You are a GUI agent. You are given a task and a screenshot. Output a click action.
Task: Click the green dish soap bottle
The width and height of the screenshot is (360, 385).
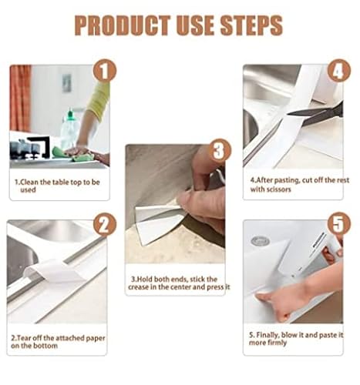point(69,131)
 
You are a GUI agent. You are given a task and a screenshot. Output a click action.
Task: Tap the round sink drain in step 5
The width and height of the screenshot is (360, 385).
point(260,241)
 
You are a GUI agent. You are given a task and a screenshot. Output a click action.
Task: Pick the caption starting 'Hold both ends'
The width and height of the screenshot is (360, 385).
point(176,280)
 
